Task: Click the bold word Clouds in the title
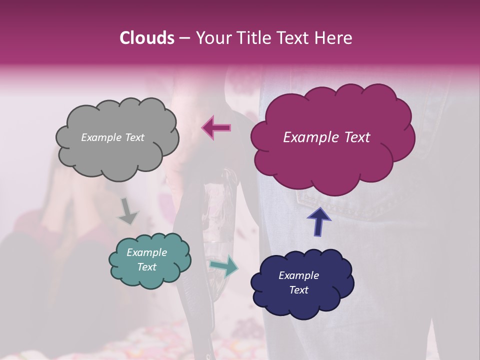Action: tap(146, 38)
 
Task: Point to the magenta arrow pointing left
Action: tap(216, 127)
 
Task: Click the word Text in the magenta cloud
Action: tap(354, 137)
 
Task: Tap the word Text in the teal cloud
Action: tap(146, 267)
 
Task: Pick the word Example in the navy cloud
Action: tap(298, 275)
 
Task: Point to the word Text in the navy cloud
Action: tap(298, 290)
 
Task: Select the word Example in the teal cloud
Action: tap(146, 252)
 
